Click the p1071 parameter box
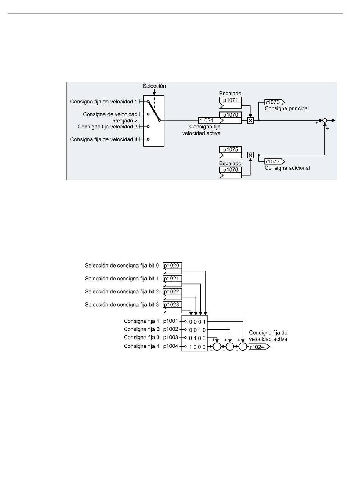230,103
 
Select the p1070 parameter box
230,117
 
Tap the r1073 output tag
274,102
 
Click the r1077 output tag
274,161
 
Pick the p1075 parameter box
230,152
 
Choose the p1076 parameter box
230,172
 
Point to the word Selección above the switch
154,86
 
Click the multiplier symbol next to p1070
250,121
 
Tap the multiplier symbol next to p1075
250,155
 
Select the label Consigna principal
286,108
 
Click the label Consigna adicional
287,168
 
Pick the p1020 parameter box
172,268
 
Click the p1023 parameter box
172,307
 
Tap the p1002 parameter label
171,329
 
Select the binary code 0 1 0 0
197,338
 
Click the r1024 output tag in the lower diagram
259,347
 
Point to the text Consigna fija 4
141,346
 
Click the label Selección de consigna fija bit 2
122,292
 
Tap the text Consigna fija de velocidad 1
104,102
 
